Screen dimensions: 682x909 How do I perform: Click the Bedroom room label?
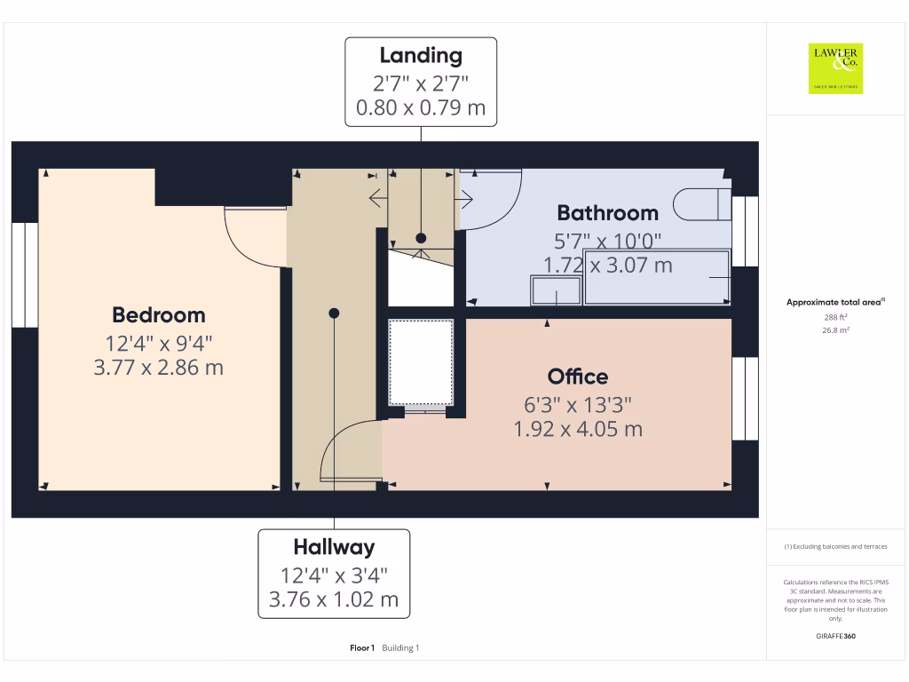pos(158,314)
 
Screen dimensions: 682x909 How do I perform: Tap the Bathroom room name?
pos(607,212)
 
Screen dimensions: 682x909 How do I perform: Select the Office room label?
pos(578,377)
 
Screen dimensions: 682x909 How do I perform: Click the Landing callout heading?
pos(421,55)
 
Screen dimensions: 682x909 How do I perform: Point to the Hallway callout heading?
pos(334,547)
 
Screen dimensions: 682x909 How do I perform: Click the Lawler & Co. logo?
pos(835,68)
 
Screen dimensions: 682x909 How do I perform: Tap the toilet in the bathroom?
pos(700,204)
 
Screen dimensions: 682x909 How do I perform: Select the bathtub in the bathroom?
pos(657,277)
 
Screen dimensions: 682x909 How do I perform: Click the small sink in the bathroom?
pos(557,290)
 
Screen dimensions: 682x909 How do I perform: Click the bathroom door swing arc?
pos(494,200)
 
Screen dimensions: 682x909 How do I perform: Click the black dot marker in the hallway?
pos(334,313)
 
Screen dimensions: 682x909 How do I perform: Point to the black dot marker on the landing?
pos(421,238)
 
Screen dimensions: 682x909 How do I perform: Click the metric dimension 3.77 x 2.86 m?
pos(158,367)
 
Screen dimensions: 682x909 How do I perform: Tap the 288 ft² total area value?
pos(835,316)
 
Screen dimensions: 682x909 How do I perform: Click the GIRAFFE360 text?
pos(835,636)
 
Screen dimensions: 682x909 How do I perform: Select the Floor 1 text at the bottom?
pos(362,648)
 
